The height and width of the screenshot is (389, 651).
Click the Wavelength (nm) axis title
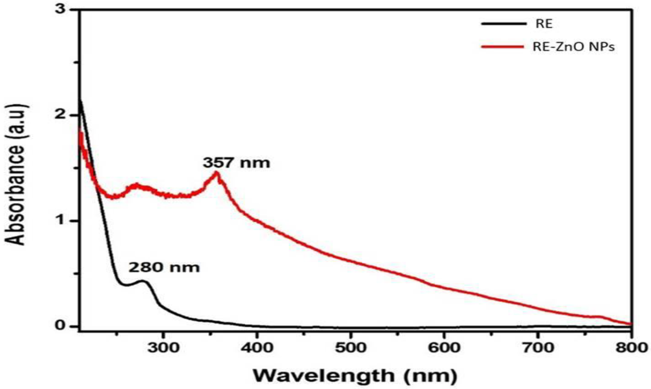tap(355, 376)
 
